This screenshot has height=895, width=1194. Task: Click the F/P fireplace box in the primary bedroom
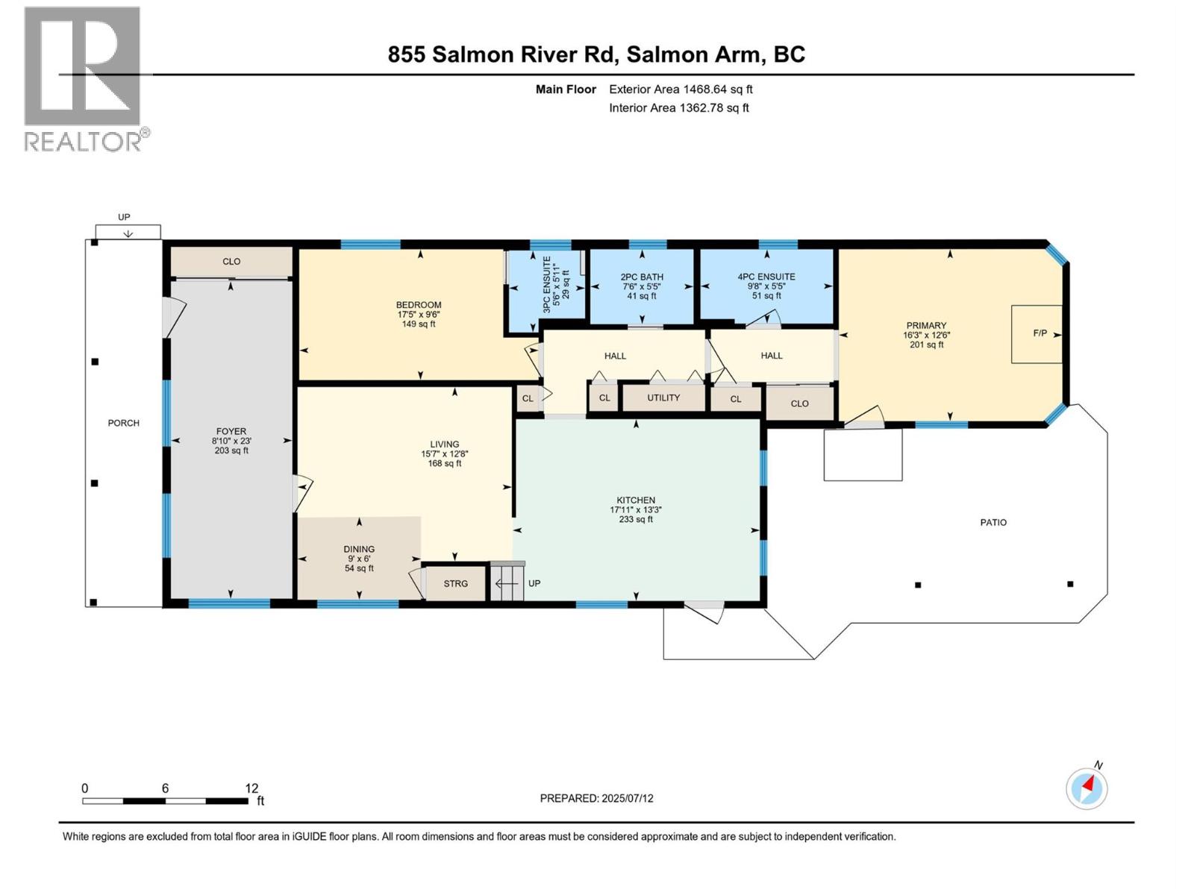1037,333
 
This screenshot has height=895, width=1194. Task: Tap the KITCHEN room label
636,500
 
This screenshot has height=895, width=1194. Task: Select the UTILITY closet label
663,398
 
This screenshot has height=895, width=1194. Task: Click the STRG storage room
455,583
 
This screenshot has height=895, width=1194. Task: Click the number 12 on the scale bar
251,788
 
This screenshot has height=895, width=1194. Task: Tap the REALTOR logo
83,78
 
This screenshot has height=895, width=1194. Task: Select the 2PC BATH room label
642,277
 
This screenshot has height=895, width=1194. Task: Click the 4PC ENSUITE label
766,277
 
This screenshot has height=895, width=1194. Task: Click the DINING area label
359,549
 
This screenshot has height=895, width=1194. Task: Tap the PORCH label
124,423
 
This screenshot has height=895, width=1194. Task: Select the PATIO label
993,522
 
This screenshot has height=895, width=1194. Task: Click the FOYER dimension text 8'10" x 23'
231,441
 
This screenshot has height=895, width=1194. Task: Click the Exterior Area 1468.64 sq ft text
681,89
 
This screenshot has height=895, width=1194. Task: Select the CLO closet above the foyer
231,261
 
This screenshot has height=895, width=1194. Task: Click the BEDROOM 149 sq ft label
419,324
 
